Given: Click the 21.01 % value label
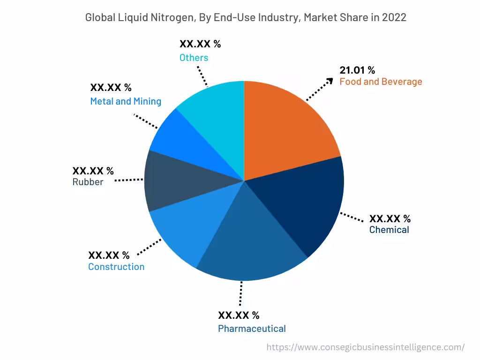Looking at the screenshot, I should [x=357, y=70].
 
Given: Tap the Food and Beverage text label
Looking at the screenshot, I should [x=381, y=82].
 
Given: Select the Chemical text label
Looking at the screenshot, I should [x=389, y=230].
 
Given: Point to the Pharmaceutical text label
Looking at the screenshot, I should [x=252, y=329].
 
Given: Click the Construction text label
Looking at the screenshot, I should [x=116, y=267].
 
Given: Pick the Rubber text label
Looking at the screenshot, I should [x=88, y=182].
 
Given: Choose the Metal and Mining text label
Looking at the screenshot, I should [x=126, y=101].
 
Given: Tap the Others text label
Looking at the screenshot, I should [x=194, y=58].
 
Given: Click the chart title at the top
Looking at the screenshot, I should [x=245, y=18].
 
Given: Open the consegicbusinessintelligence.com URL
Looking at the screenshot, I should [x=365, y=347].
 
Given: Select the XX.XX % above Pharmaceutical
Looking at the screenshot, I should [x=239, y=315].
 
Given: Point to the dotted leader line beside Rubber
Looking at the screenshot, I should [x=129, y=180].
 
